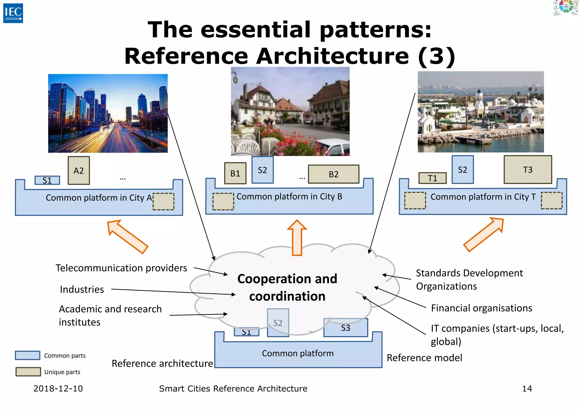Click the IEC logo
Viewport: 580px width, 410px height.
(x=13, y=13)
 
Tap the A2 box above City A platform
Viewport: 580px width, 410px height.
(x=79, y=170)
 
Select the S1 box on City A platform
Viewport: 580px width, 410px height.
(x=47, y=180)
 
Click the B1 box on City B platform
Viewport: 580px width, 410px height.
(x=235, y=173)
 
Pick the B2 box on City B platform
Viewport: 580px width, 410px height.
(x=334, y=174)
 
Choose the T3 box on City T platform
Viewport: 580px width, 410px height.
(x=528, y=170)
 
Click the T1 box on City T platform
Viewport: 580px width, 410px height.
(x=432, y=178)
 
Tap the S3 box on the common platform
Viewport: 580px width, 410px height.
(x=346, y=328)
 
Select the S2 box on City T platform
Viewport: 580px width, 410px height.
(x=462, y=170)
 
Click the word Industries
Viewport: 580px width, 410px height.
(x=82, y=289)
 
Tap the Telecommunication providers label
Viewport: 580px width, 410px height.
(x=121, y=268)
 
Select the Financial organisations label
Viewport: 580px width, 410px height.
(x=481, y=308)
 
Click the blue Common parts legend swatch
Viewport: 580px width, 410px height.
(x=27, y=355)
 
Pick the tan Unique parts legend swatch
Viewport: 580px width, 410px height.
(x=28, y=372)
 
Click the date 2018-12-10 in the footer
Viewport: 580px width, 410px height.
(x=58, y=388)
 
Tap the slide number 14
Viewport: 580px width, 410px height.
(x=527, y=388)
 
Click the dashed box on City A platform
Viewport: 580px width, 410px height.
(x=163, y=202)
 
